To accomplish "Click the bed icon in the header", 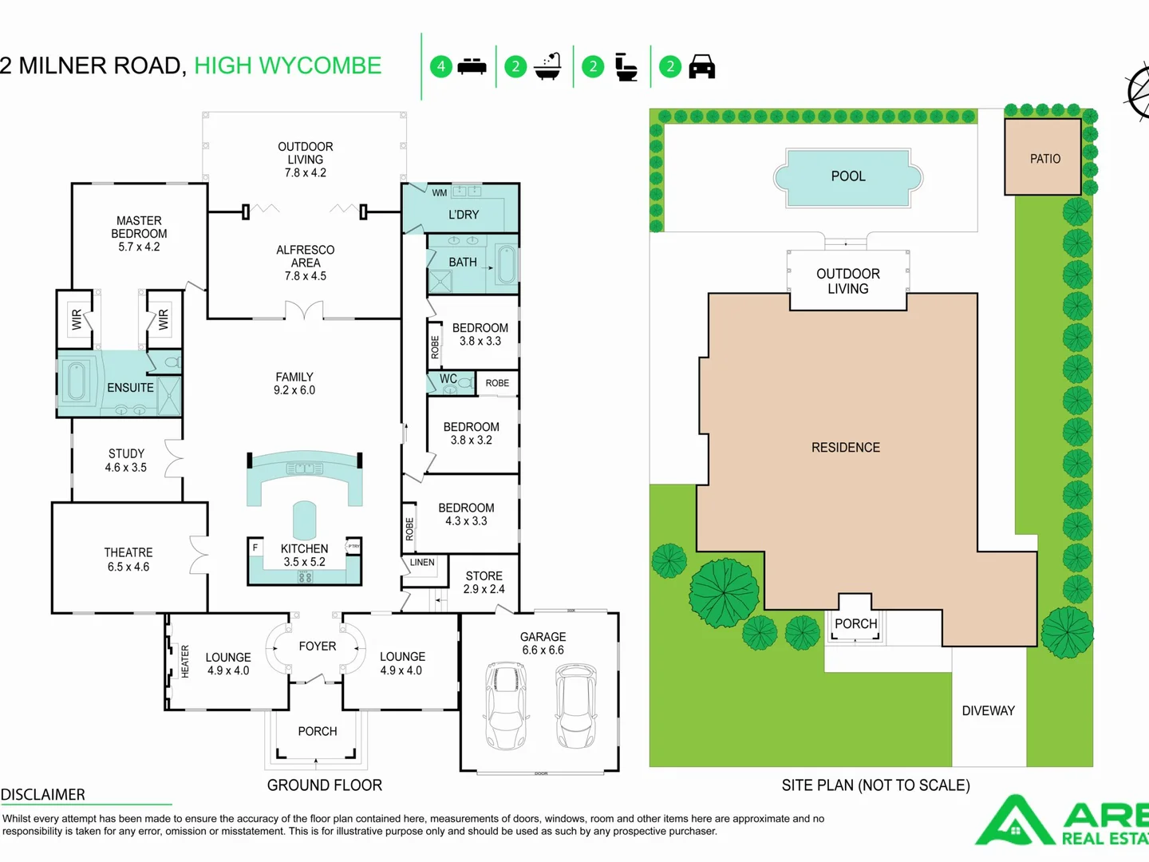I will coord(472,66).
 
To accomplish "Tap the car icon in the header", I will coord(701,67).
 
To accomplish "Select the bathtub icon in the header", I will coord(548,67).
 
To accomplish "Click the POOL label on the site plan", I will coord(847,176).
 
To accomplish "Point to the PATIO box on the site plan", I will coord(1043,157).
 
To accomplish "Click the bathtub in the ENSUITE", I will coord(77,382).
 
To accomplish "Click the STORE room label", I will coord(484,576).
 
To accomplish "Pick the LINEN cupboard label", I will coord(422,563).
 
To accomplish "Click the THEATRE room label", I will coord(128,552).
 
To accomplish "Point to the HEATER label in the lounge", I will coord(185,662).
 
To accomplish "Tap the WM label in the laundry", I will coord(440,193).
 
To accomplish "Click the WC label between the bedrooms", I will coord(448,379).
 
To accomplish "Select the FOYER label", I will coord(318,646).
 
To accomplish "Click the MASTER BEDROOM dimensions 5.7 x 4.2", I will coord(139,247).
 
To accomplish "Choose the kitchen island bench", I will coord(304,520).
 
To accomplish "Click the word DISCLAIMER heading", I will coord(43,795).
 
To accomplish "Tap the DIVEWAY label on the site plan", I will coord(988,711).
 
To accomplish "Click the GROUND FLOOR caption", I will coord(325,785).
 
